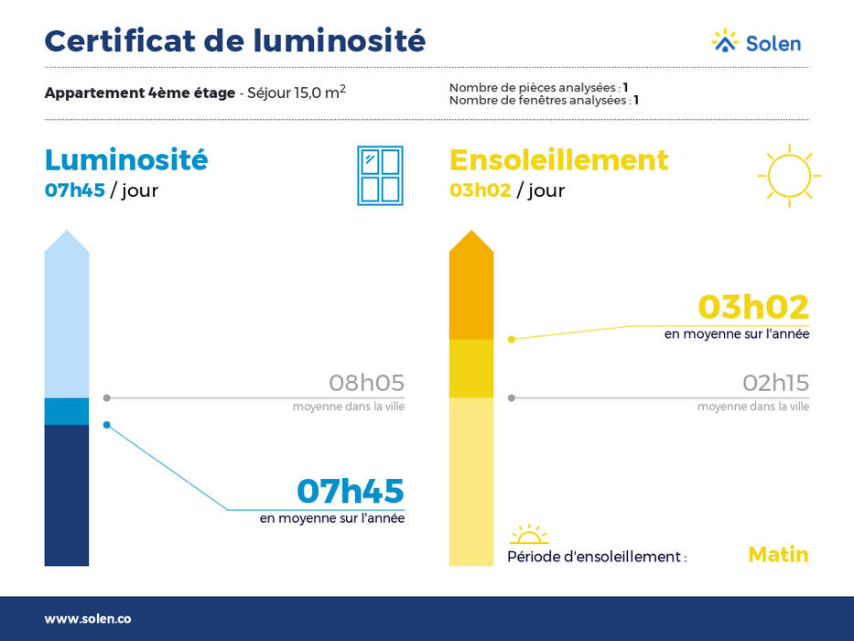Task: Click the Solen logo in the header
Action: pos(756,41)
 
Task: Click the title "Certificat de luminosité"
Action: pos(234,41)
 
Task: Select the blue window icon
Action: pos(380,176)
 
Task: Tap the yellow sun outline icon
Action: pos(789,176)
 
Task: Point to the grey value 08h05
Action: pos(366,383)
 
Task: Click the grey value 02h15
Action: pos(775,383)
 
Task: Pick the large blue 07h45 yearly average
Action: pos(351,491)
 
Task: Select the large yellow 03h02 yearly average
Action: pos(753,307)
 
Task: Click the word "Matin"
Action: pos(778,554)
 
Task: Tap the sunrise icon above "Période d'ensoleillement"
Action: pos(529,535)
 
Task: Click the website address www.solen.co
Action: pos(88,619)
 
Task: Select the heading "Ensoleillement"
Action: pos(558,160)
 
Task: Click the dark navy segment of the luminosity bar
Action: pos(67,494)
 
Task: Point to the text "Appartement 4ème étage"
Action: pos(140,93)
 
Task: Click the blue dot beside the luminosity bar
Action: pos(107,425)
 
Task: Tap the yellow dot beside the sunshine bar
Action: pos(512,340)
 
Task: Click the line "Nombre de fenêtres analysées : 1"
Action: pos(544,101)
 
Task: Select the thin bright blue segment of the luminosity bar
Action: pos(67,411)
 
